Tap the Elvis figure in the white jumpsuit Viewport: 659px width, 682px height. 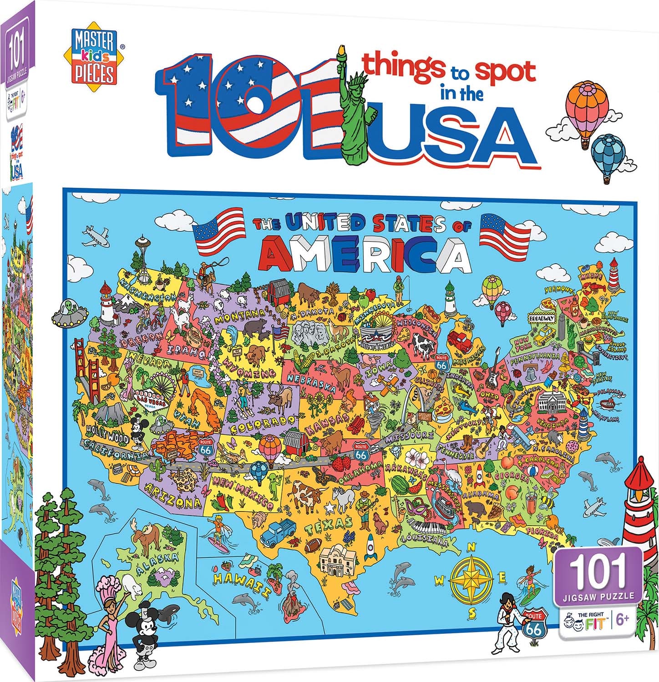[x=509, y=616]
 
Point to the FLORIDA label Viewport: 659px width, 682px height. [x=542, y=532]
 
